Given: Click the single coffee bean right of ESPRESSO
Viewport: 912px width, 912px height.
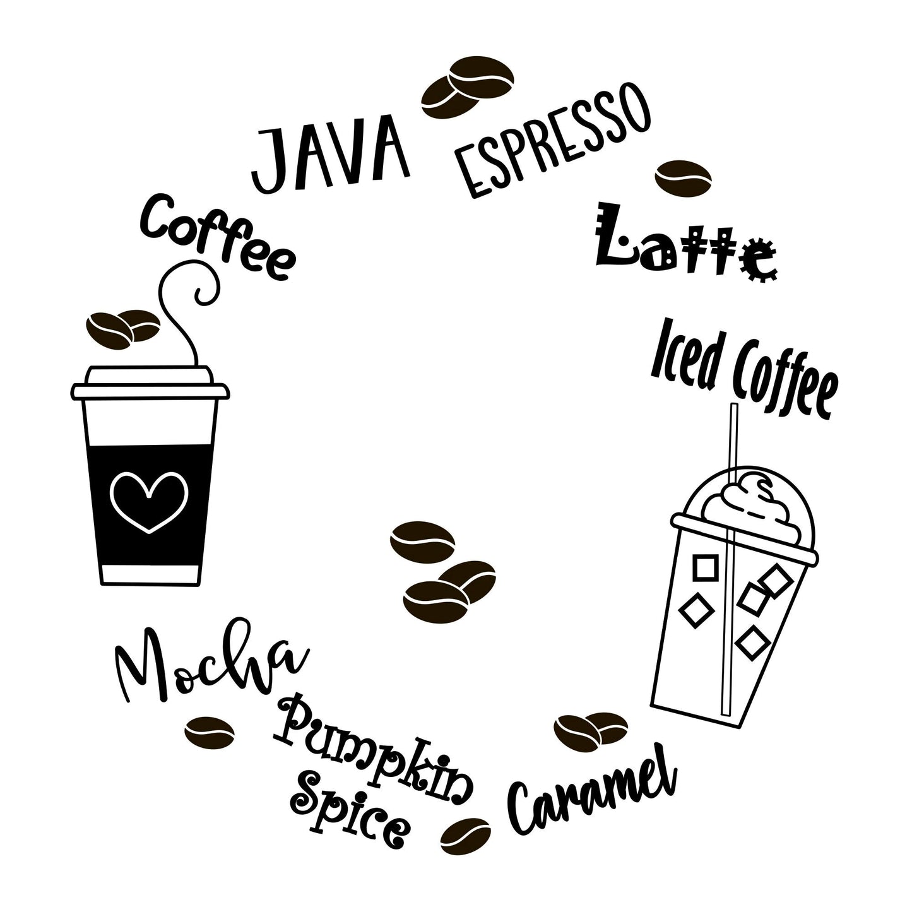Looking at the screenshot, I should [x=684, y=177].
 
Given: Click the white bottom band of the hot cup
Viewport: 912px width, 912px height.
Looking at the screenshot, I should [x=151, y=572].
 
